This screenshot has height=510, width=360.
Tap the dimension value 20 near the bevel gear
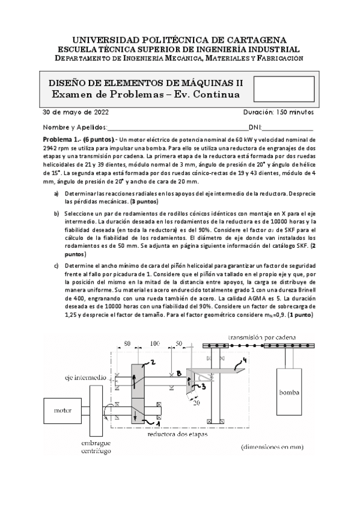pos(196,404)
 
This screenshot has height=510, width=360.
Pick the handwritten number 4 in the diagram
pos(243,362)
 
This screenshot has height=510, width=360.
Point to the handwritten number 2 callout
pos(153,362)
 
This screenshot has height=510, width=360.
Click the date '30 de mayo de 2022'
pos(75,112)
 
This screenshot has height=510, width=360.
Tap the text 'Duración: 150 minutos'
pos(278,112)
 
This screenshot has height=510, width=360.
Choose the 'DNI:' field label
pos(255,127)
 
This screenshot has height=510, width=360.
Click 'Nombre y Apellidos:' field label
pos(75,127)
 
